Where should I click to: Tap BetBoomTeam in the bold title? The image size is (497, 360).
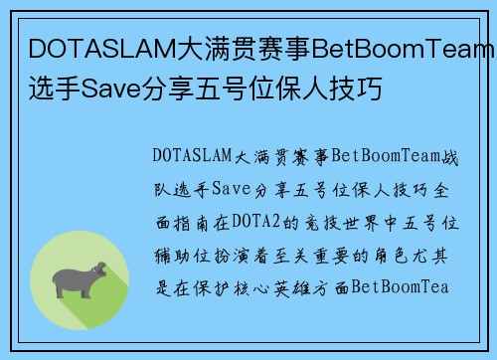click(405, 48)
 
